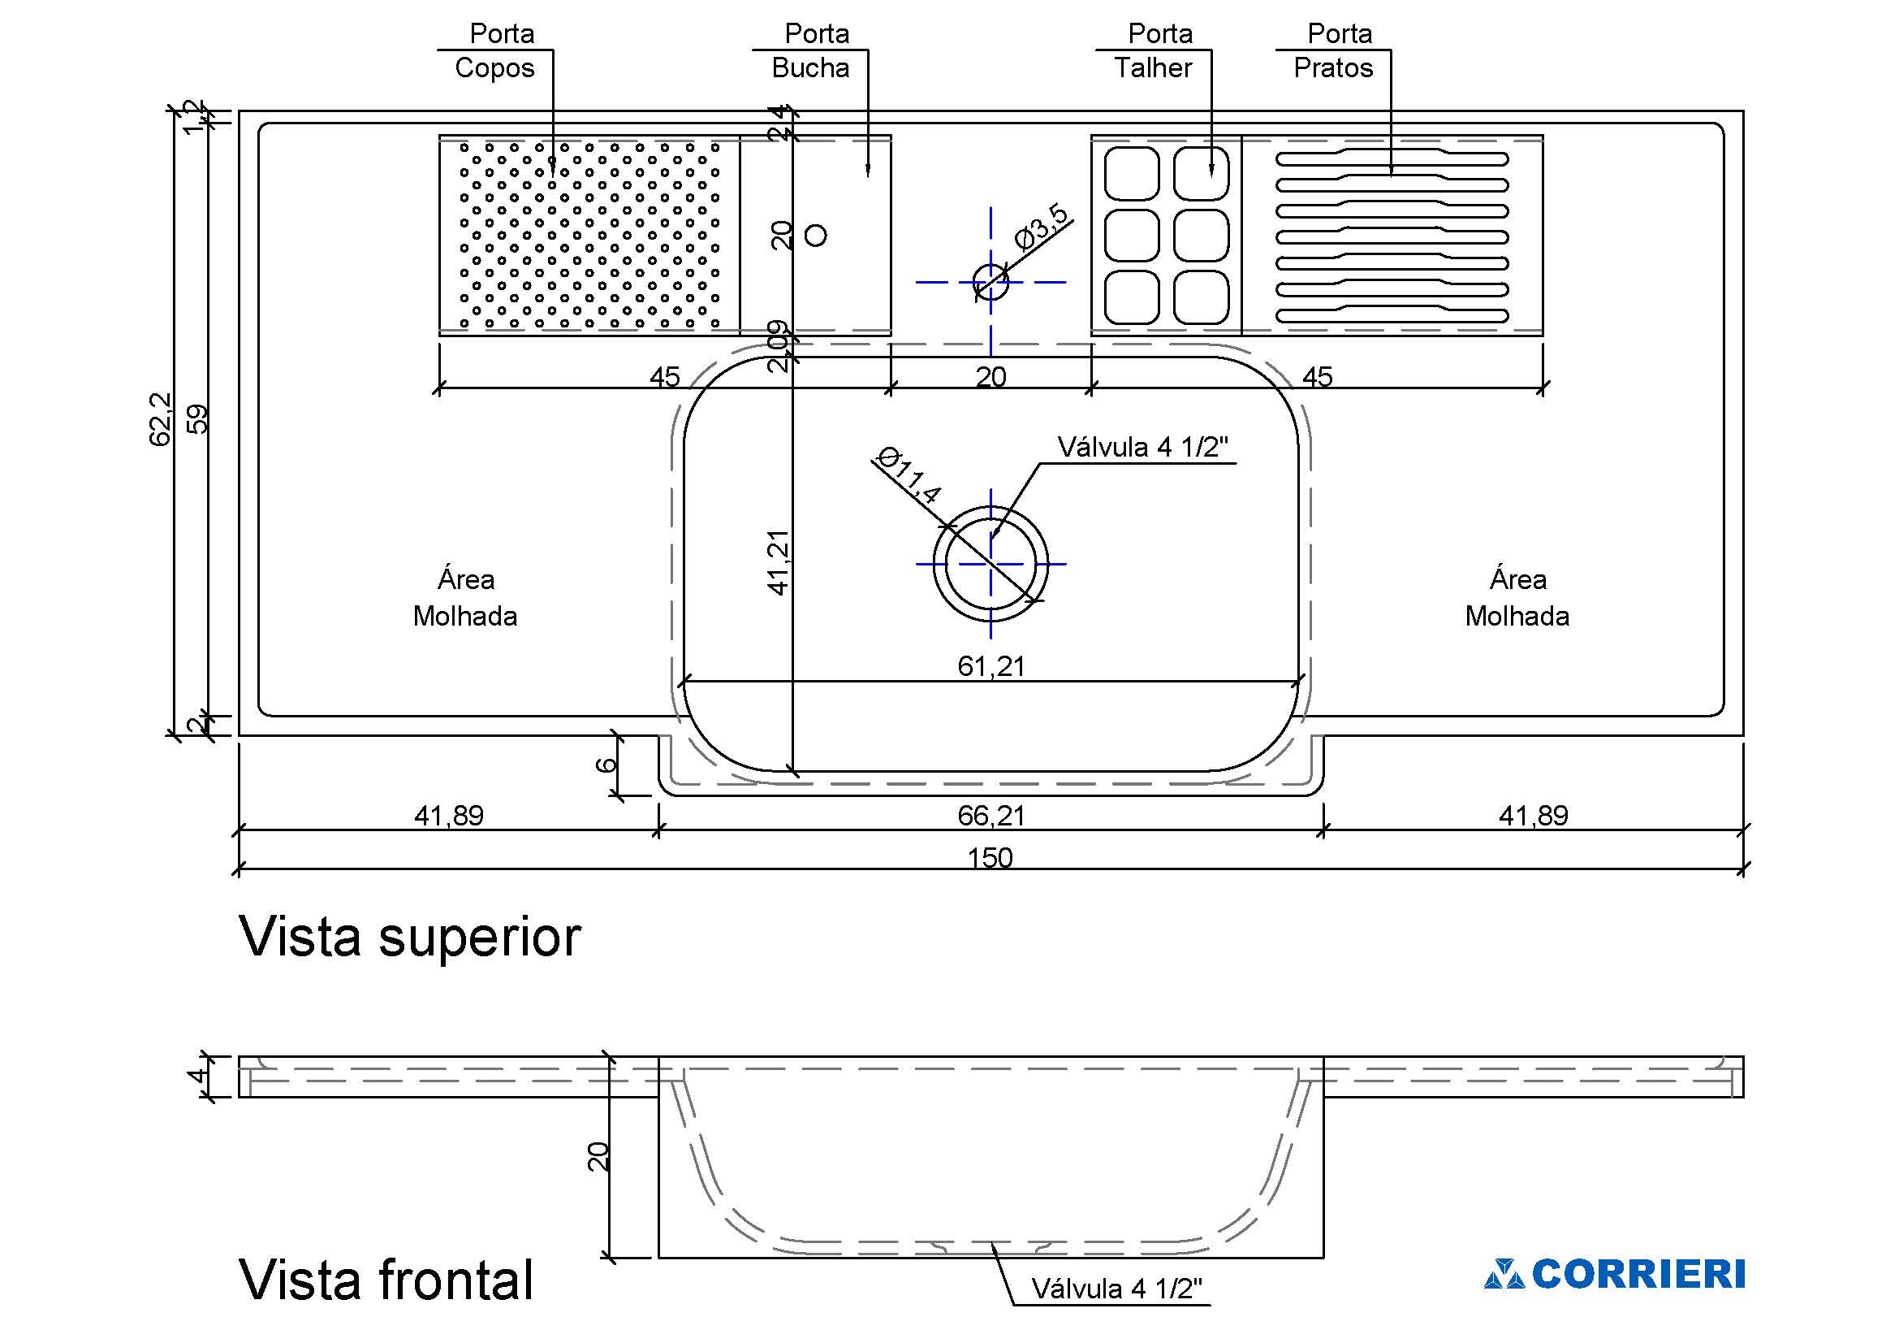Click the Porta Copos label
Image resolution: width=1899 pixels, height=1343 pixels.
pos(495,50)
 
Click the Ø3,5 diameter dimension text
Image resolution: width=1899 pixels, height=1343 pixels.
pos(1042,226)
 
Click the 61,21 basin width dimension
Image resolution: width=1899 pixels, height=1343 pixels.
pos(991,666)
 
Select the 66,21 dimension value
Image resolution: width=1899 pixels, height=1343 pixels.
pos(991,816)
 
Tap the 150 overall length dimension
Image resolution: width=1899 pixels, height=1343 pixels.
pos(990,857)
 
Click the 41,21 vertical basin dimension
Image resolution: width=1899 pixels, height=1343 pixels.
pos(779,562)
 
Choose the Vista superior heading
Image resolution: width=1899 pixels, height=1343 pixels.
pos(410,937)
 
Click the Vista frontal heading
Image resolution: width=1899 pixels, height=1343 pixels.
pos(386,1280)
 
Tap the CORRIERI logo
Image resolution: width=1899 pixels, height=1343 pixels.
pos(1614,1275)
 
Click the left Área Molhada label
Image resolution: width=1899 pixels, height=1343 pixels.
pos(466,597)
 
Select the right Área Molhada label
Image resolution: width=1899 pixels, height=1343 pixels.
pos(1517,597)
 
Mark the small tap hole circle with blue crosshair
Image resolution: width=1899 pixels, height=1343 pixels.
pos(991,281)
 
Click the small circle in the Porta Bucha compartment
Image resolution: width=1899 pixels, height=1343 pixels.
pos(815,236)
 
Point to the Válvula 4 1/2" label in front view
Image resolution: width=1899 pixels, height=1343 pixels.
pos(1116,1289)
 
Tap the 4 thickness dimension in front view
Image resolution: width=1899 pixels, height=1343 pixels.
pos(196,1077)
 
